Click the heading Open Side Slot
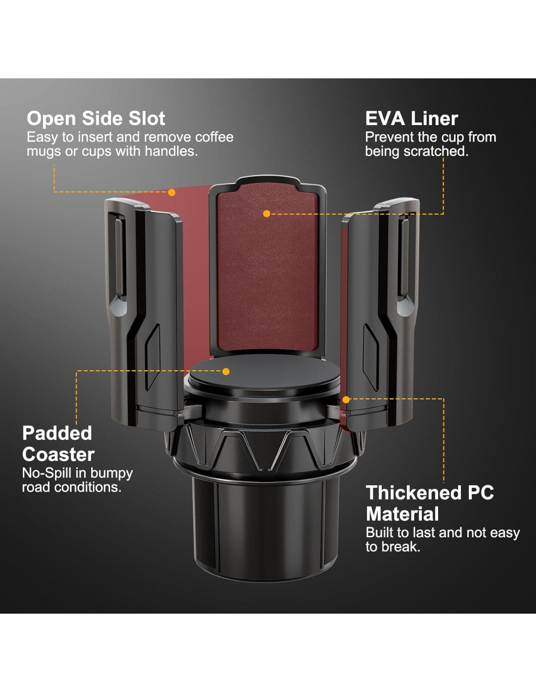coord(96,119)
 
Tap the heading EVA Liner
coord(411,119)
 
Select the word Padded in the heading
coord(57,433)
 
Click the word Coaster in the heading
coord(58,455)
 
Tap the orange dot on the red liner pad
coord(267,214)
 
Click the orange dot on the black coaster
coord(226,371)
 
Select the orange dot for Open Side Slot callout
coord(172,193)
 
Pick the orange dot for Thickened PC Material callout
coord(346,400)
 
